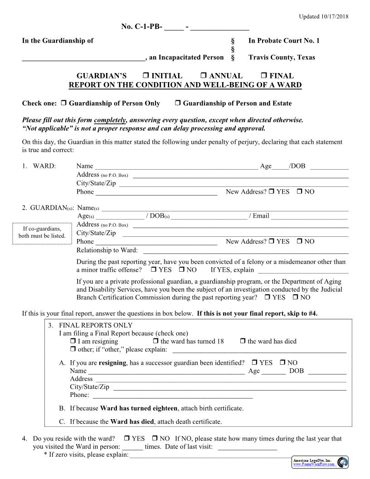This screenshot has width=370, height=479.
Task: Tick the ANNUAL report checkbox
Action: pyautogui.click(x=203, y=76)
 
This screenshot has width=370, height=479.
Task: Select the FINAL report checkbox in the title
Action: pyautogui.click(x=264, y=76)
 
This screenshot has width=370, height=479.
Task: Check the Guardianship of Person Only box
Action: pyautogui.click(x=63, y=103)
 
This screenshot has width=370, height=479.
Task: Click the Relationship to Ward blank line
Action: pyautogui.click(x=245, y=251)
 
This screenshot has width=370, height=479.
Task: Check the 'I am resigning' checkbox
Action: pyautogui.click(x=73, y=341)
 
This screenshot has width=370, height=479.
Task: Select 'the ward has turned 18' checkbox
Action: pyautogui.click(x=156, y=341)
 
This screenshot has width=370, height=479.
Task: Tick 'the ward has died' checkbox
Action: pyautogui.click(x=243, y=341)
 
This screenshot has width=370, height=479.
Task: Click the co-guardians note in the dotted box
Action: pyautogui.click(x=42, y=233)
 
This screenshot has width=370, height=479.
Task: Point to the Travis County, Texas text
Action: pyautogui.click(x=281, y=58)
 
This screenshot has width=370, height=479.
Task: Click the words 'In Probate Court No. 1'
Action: pyautogui.click(x=284, y=41)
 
